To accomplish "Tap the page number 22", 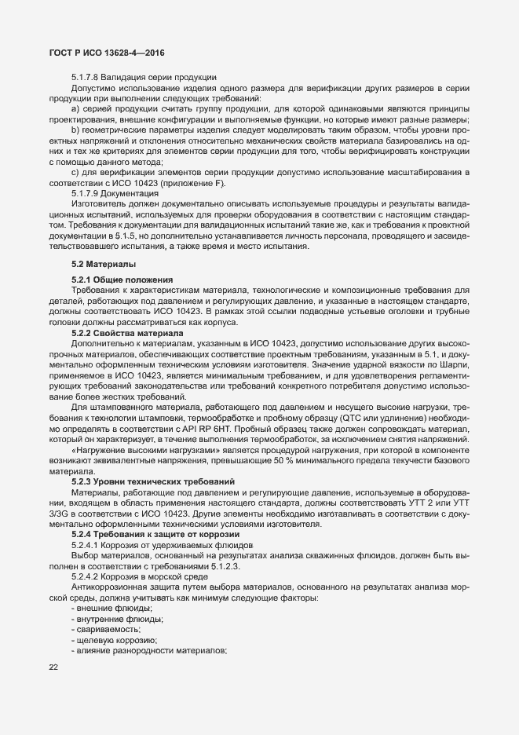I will (x=53, y=668).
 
